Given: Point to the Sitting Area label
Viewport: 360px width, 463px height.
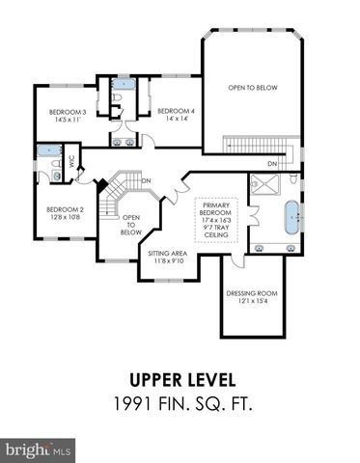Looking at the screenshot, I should pyautogui.click(x=167, y=254).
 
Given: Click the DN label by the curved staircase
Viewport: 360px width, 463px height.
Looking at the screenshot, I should pyautogui.click(x=146, y=180).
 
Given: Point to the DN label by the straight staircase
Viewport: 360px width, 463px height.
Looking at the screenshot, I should pyautogui.click(x=273, y=165).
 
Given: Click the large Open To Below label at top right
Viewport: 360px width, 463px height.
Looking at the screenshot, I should pyautogui.click(x=253, y=88).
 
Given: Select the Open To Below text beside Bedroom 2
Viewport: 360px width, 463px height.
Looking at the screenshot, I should pyautogui.click(x=131, y=225).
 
